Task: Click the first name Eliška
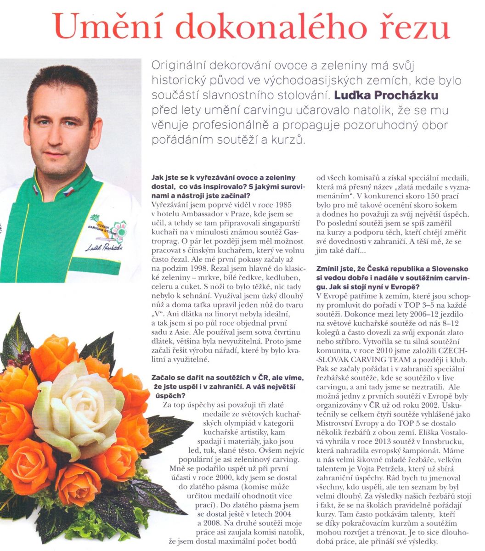(x=419, y=432)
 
